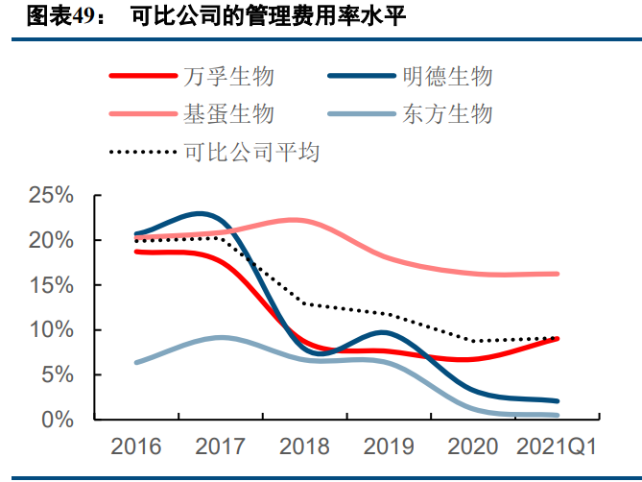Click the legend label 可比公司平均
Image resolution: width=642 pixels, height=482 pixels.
coord(250,152)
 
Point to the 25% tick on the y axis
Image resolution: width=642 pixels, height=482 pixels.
coord(52,196)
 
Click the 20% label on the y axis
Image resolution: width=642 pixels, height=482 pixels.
coord(52,240)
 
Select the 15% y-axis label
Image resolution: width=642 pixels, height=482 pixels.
coord(52,285)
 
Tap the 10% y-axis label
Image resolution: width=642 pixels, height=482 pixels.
coord(52,330)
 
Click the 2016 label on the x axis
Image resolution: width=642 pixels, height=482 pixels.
coord(135,446)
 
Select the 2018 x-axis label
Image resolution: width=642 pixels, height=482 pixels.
coord(304,446)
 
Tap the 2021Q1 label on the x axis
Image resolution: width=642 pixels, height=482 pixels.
coord(558,446)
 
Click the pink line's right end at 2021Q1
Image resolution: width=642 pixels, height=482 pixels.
coord(558,274)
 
